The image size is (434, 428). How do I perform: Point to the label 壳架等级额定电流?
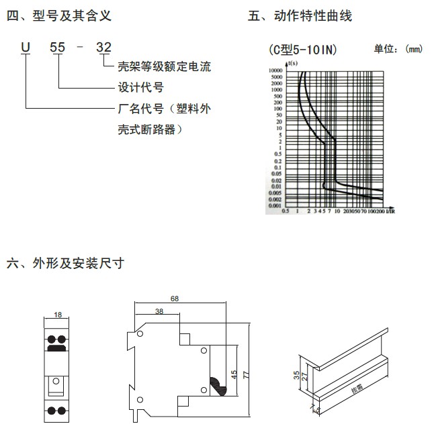164,66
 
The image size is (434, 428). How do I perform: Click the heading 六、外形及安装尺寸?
64,264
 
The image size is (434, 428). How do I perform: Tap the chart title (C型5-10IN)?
299,50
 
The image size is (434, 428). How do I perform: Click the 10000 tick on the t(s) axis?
274,70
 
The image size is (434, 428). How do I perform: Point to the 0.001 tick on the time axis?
274,206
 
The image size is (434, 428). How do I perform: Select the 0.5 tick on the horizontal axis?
286,212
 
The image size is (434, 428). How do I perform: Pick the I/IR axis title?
390,211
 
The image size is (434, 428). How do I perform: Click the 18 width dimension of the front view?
58,315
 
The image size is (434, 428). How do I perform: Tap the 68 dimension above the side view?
175,297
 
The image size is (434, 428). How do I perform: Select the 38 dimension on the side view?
159,312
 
